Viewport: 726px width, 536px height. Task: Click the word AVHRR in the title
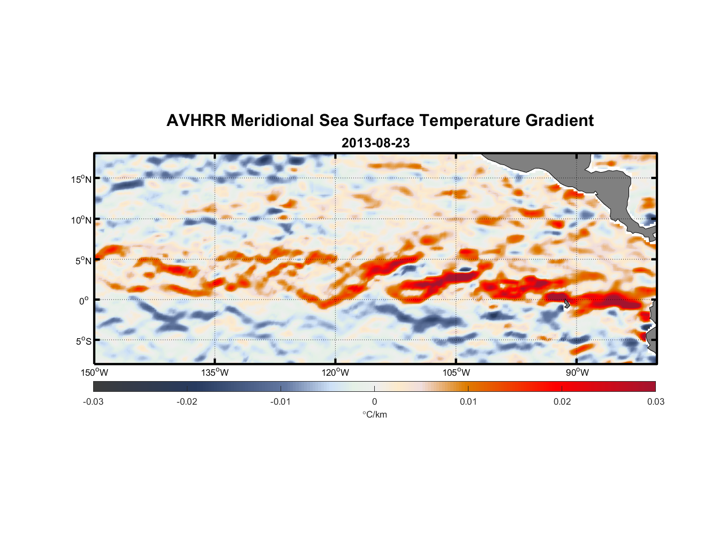(196, 121)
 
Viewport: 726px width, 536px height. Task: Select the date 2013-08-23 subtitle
(375, 143)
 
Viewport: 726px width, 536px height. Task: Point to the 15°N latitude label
(81, 179)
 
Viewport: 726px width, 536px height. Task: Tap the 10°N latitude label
(81, 220)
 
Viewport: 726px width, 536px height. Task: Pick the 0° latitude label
(84, 301)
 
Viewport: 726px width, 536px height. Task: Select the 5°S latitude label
(83, 341)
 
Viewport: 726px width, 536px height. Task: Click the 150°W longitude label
(94, 373)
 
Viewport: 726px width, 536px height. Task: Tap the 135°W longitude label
(215, 373)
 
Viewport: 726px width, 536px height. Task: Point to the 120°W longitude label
(336, 373)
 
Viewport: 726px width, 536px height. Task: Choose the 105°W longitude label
(456, 373)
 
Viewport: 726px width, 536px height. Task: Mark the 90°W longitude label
(577, 373)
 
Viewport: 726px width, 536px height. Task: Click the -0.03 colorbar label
(93, 401)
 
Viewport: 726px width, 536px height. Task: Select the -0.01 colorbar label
(281, 401)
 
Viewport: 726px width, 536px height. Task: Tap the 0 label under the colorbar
(374, 401)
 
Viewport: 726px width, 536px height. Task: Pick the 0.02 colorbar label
(562, 401)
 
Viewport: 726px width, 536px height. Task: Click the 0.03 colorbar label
(655, 401)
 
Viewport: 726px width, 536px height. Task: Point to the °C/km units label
(374, 414)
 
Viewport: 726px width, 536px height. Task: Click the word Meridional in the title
(273, 121)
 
